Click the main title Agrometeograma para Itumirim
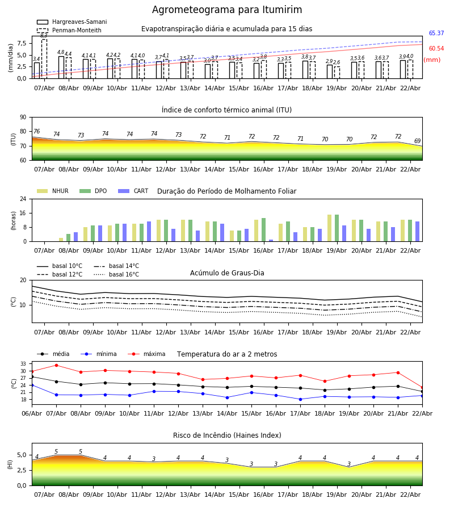(227, 10)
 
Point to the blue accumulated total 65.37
(436, 33)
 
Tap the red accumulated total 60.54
(436, 49)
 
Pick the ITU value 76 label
(36, 132)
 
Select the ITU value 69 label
(417, 141)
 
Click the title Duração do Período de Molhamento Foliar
(226, 191)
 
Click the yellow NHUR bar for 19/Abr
(329, 228)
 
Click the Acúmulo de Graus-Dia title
(227, 273)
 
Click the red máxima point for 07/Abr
(56, 365)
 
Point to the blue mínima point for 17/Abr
(300, 399)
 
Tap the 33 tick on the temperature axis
(23, 364)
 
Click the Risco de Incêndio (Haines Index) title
(227, 435)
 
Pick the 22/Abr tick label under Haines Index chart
(410, 495)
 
